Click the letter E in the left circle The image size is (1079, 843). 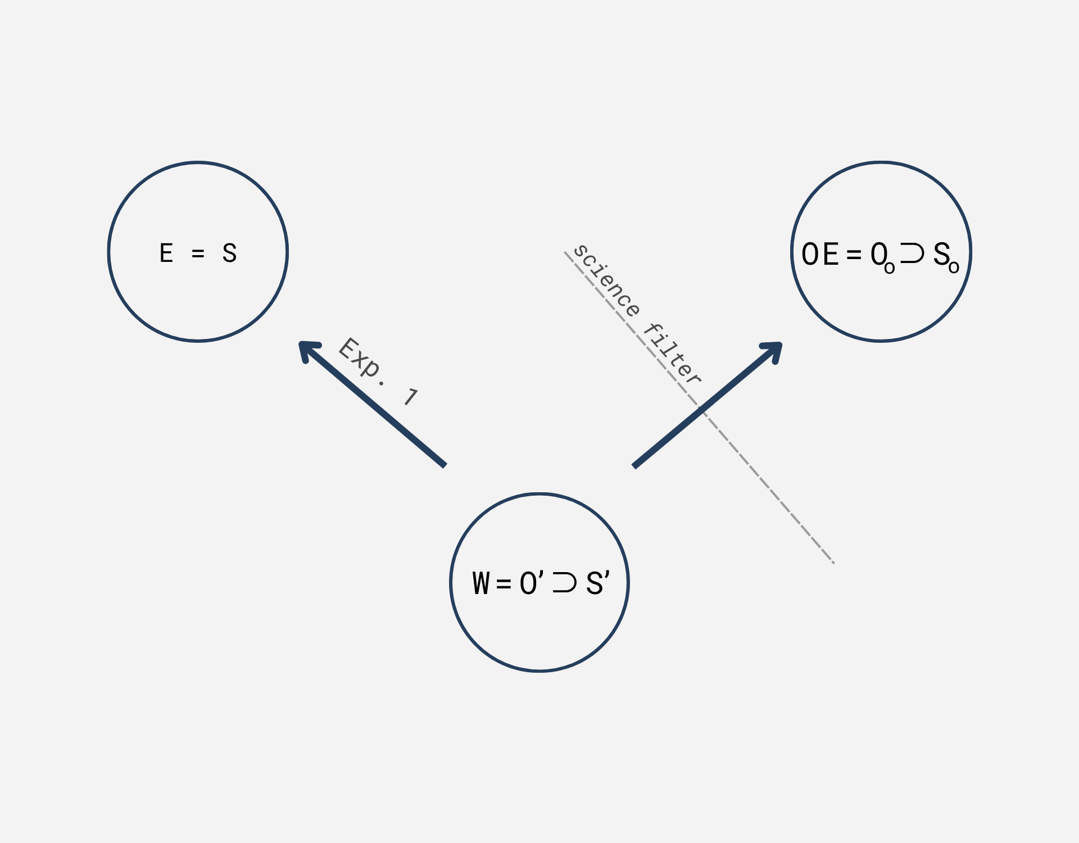[x=166, y=253]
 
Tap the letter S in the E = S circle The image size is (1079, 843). [x=229, y=253]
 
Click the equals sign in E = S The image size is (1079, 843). [x=198, y=254]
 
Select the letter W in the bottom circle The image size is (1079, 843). [x=481, y=583]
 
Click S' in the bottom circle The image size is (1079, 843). [x=597, y=583]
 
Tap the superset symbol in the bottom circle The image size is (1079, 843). [x=564, y=583]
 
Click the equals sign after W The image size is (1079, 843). [x=504, y=584]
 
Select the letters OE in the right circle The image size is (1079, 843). [x=820, y=254]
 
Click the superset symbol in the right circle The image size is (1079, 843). [x=912, y=253]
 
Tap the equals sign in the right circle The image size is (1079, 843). [x=854, y=255]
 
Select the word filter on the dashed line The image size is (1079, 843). [x=673, y=354]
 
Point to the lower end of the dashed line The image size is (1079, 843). [x=833, y=562]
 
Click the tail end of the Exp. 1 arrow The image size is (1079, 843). [x=444, y=464]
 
